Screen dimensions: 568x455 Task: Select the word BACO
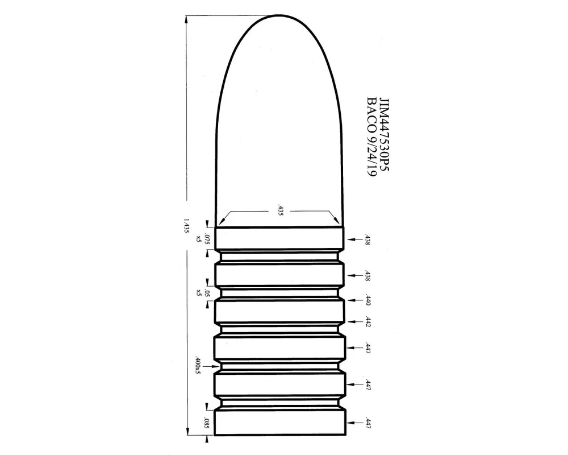371,113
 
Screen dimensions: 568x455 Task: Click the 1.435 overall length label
186,225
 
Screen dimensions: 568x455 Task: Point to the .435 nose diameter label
279,211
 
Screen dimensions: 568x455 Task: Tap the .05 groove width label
207,292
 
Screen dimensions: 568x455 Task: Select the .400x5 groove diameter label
198,365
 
